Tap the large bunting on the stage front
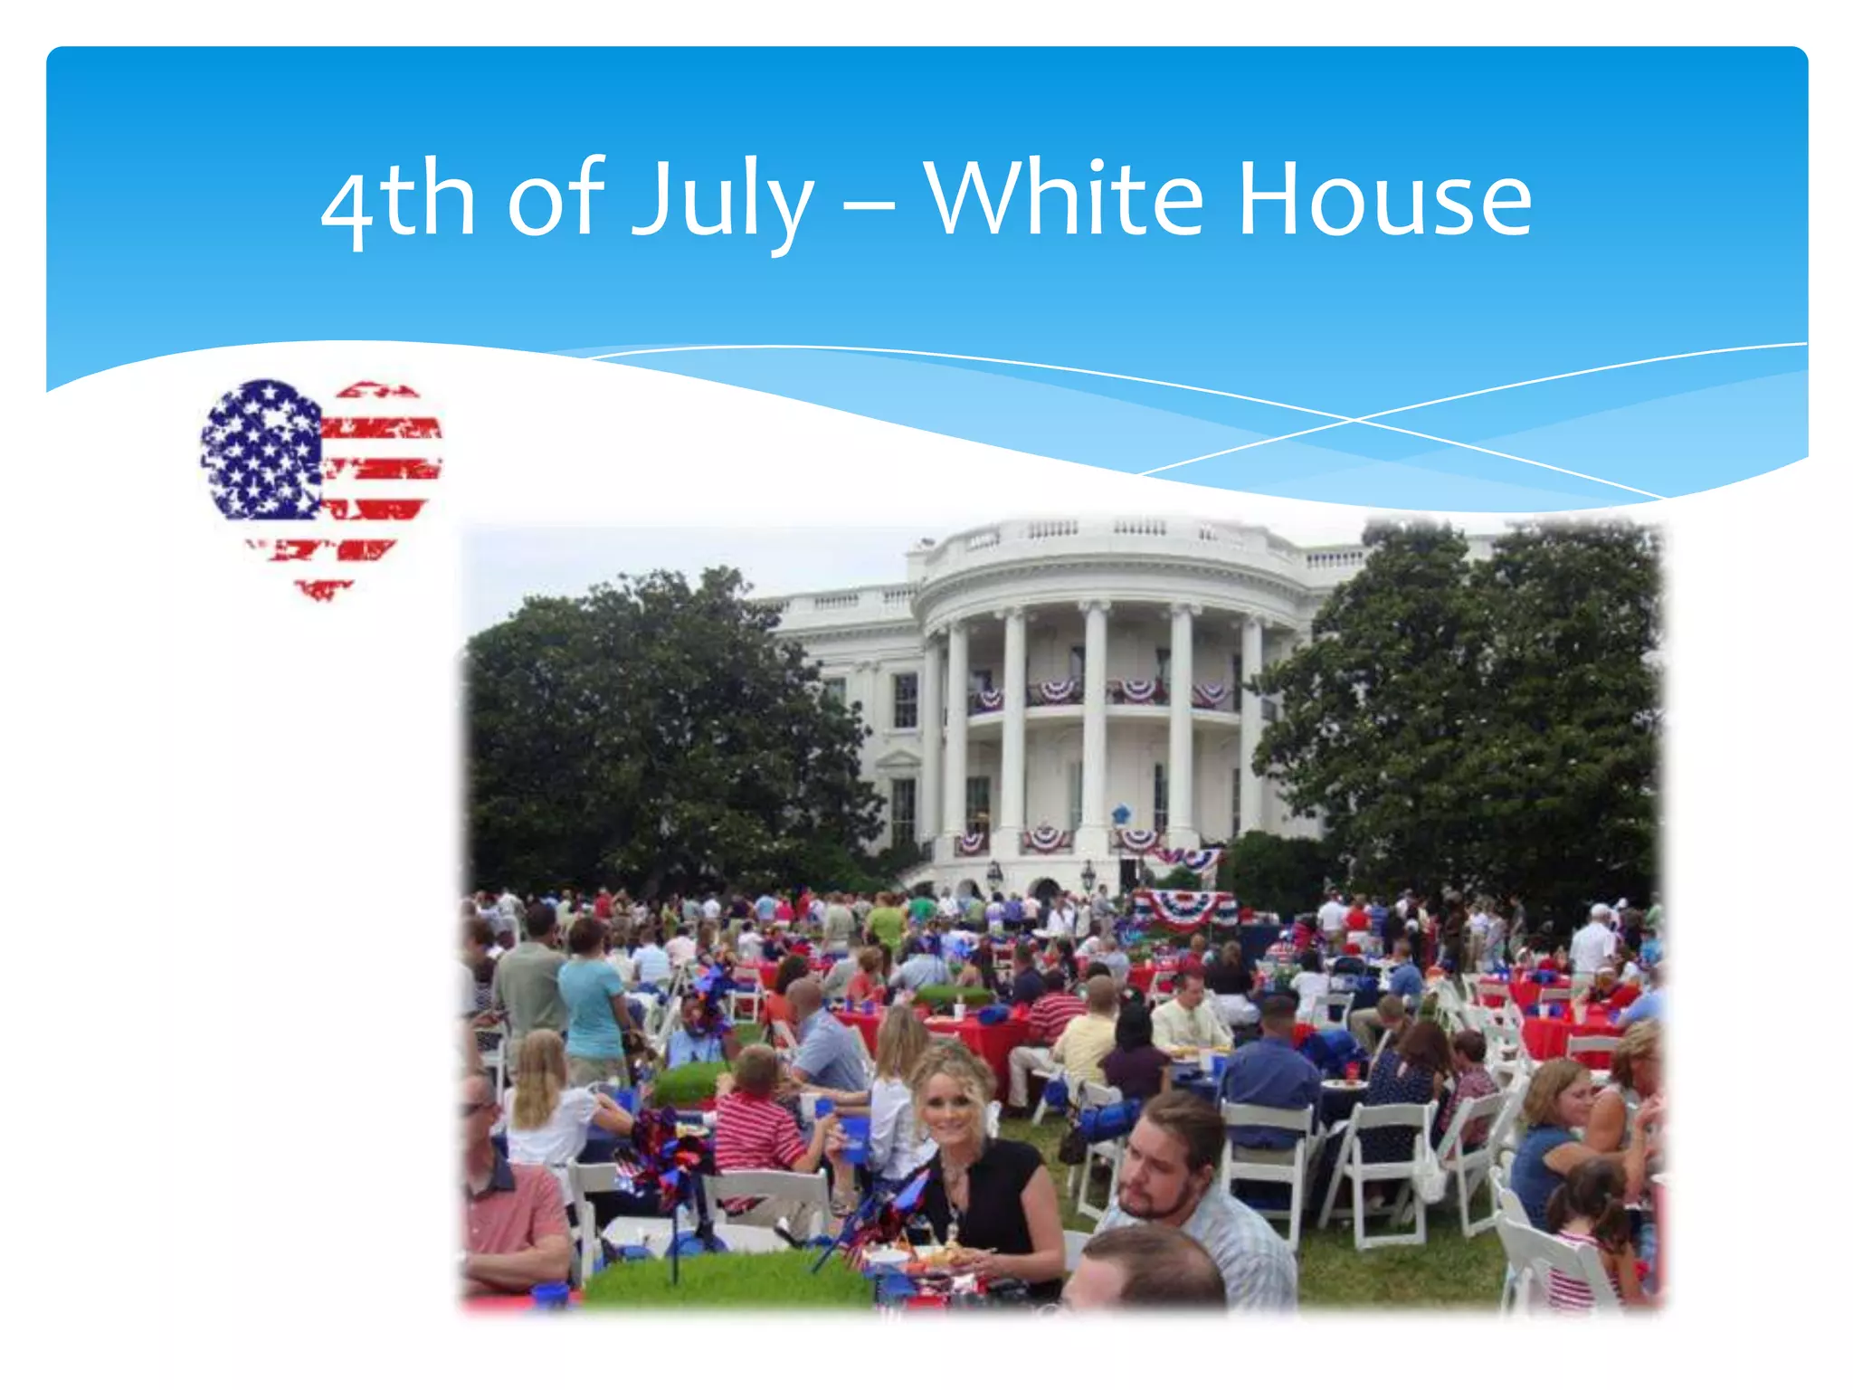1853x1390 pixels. [1183, 908]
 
